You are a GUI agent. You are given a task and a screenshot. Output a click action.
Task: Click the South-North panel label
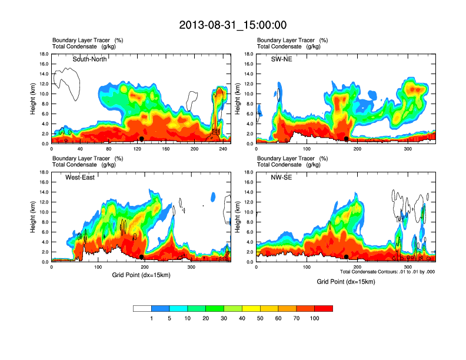tap(89, 59)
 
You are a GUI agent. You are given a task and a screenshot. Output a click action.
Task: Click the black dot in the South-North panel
tap(141, 139)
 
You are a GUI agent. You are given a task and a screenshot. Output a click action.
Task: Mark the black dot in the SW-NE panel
tap(347, 139)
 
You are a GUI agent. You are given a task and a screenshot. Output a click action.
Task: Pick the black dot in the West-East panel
tap(141, 257)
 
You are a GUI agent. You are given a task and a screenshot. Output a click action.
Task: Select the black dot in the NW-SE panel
tap(347, 257)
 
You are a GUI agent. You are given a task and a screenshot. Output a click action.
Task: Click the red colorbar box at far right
tap(324, 308)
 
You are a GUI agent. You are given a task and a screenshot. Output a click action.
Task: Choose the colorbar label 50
tap(260, 319)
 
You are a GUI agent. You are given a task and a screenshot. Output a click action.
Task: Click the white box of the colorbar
tap(142, 308)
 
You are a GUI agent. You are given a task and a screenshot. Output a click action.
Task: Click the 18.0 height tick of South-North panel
tap(44, 54)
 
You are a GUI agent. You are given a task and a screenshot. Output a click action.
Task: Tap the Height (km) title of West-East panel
tap(33, 217)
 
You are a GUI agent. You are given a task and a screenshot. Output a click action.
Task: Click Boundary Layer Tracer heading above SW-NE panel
tap(285, 40)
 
